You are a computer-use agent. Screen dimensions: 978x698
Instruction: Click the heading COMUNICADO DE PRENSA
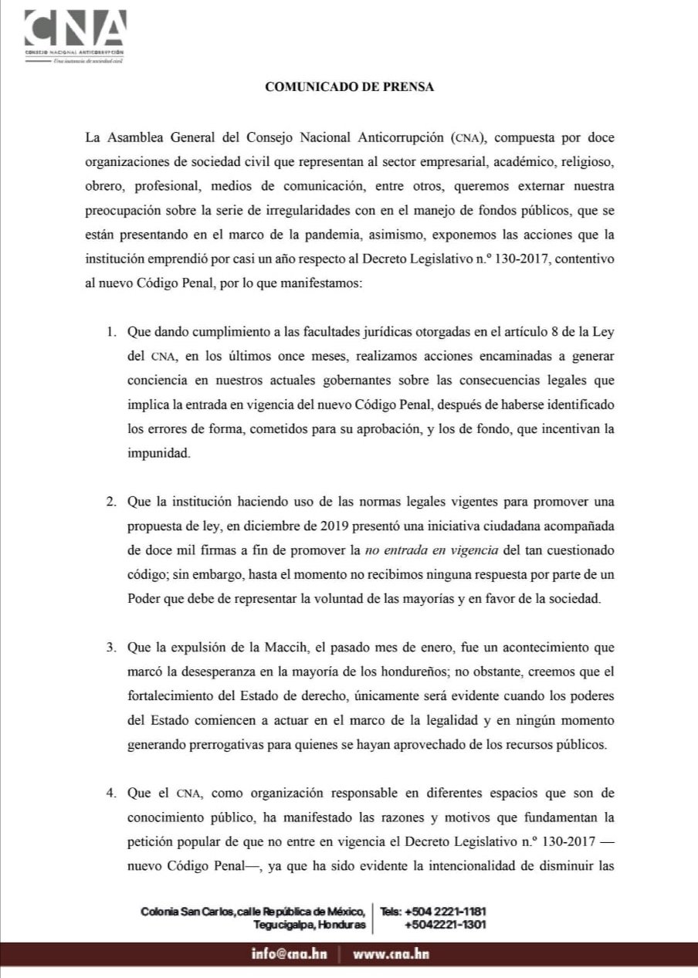coord(349,87)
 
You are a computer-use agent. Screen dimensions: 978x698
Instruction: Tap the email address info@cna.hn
coord(289,954)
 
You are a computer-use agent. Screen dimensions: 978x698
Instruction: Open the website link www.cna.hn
coord(391,954)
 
